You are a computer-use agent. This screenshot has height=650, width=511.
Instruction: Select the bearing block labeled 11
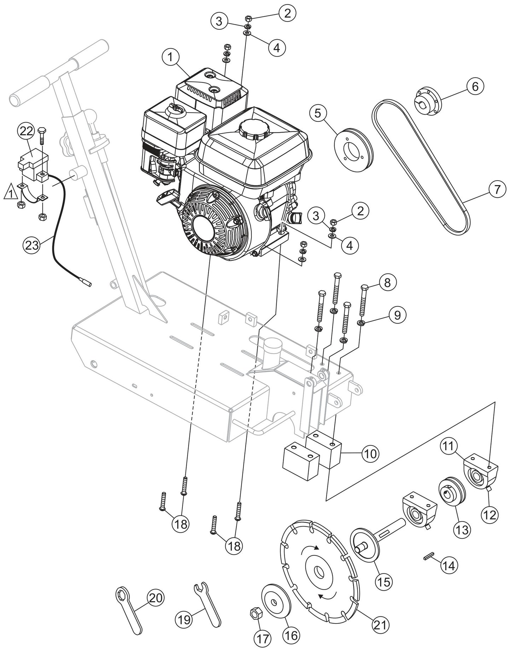tap(480, 475)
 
